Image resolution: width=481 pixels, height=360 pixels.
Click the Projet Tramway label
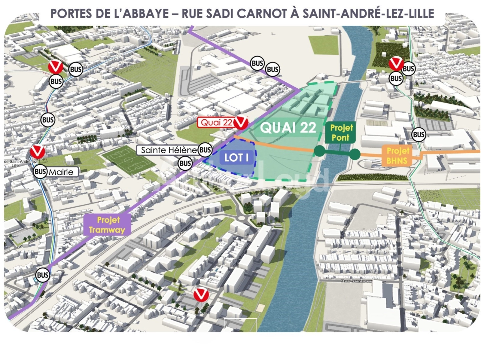tap(107, 225)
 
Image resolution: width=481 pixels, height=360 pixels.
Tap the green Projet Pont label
tap(341, 132)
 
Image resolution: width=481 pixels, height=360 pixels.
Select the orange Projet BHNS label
tap(398, 156)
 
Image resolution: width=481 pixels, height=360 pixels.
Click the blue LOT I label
tap(236, 158)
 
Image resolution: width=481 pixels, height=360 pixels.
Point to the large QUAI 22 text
tap(288, 128)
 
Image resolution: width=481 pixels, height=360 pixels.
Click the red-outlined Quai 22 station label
tap(216, 122)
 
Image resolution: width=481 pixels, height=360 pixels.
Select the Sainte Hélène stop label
tap(168, 150)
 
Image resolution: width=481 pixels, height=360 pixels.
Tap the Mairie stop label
tap(61, 172)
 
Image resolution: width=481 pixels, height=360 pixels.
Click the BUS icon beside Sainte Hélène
tap(205, 150)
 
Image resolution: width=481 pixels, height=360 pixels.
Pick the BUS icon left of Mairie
tap(40, 172)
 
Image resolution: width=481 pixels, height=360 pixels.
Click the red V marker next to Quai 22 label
tap(241, 123)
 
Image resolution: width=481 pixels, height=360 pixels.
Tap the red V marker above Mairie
tap(37, 152)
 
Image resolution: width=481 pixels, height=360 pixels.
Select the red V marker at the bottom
tap(201, 295)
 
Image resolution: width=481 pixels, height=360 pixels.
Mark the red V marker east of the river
tap(396, 63)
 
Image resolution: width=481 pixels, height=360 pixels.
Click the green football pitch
tap(128, 160)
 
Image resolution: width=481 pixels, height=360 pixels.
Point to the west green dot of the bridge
tap(320, 151)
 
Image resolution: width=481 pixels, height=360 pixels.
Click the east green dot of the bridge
tap(355, 154)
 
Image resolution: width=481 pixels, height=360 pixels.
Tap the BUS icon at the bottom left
tap(43, 275)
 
